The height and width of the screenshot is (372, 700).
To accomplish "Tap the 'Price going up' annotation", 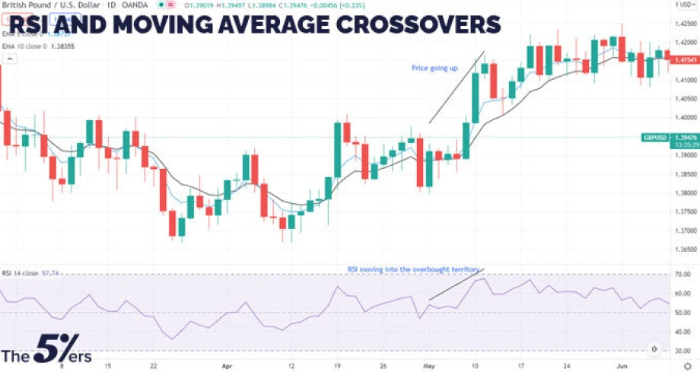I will click(x=434, y=68).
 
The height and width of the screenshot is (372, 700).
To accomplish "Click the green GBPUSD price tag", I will click(x=656, y=137).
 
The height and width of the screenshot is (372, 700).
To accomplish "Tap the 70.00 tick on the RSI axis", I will click(x=682, y=274).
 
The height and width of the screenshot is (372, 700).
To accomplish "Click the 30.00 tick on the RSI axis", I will click(x=682, y=351).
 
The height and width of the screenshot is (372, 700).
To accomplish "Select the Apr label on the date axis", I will click(x=225, y=364).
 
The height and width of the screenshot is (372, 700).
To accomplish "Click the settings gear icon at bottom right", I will click(x=687, y=365).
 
